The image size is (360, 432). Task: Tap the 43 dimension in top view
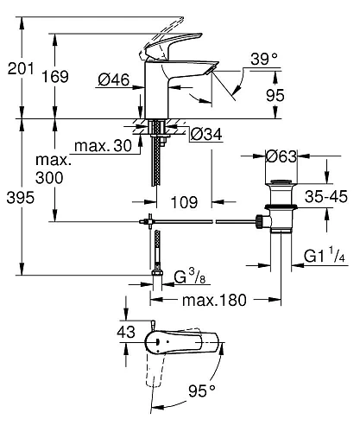tap(126, 332)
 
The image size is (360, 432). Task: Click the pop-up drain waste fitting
tap(281, 207)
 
